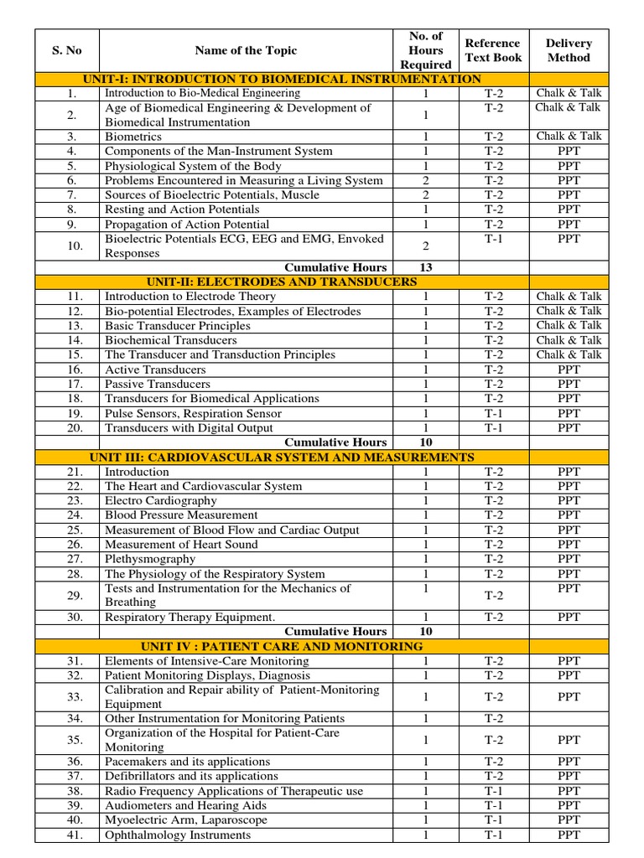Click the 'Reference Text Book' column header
[493, 50]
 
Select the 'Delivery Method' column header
[569, 50]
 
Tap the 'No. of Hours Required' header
[425, 50]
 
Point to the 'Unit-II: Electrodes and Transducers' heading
[281, 282]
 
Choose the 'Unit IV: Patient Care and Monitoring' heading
[282, 646]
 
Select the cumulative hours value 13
[425, 267]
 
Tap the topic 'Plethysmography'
[150, 559]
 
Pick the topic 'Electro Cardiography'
[160, 500]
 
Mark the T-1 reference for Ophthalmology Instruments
[494, 835]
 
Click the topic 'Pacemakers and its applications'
[187, 762]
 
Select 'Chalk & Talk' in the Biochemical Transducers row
[569, 340]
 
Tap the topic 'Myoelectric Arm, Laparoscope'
[185, 819]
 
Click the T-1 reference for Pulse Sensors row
[494, 413]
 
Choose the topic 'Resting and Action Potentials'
[182, 209]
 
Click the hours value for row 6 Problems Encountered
[425, 180]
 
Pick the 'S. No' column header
[67, 50]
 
